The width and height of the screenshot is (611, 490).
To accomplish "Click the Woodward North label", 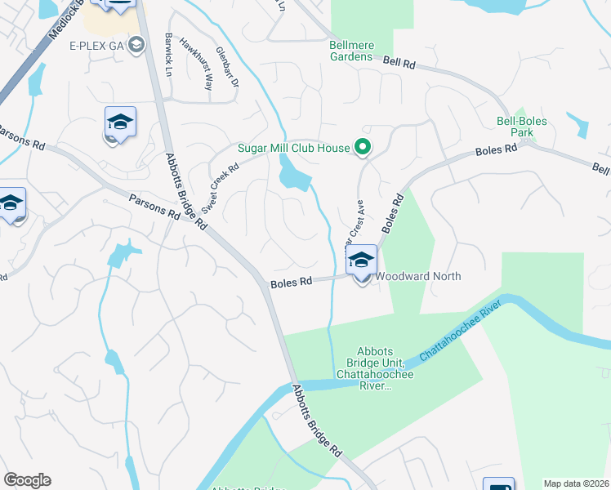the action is pyautogui.click(x=417, y=276).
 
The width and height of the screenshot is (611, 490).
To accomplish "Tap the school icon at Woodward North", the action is pyautogui.click(x=361, y=261).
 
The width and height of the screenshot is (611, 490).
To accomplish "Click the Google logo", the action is pyautogui.click(x=27, y=480).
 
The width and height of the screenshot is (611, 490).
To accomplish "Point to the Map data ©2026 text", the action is pyautogui.click(x=576, y=483).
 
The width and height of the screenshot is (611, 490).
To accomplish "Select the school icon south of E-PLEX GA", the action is pyautogui.click(x=120, y=122).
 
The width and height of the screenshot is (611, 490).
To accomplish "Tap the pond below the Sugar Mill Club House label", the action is pyautogui.click(x=292, y=174).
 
